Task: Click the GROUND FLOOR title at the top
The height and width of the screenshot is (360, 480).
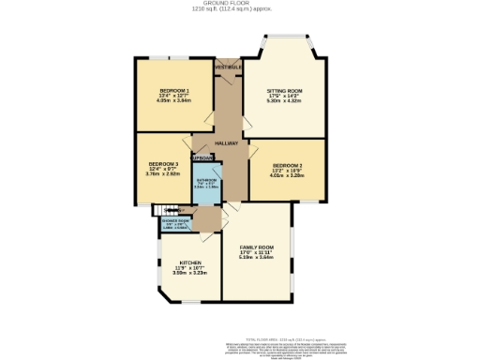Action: click(x=239, y=4)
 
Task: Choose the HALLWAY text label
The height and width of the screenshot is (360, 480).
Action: click(x=226, y=142)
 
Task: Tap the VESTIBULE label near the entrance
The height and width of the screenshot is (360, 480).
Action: click(x=226, y=67)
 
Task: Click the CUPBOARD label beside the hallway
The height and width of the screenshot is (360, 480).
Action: click(x=203, y=158)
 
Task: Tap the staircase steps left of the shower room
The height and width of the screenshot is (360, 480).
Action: click(x=161, y=211)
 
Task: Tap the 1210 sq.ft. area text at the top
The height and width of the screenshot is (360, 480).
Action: click(x=239, y=9)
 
